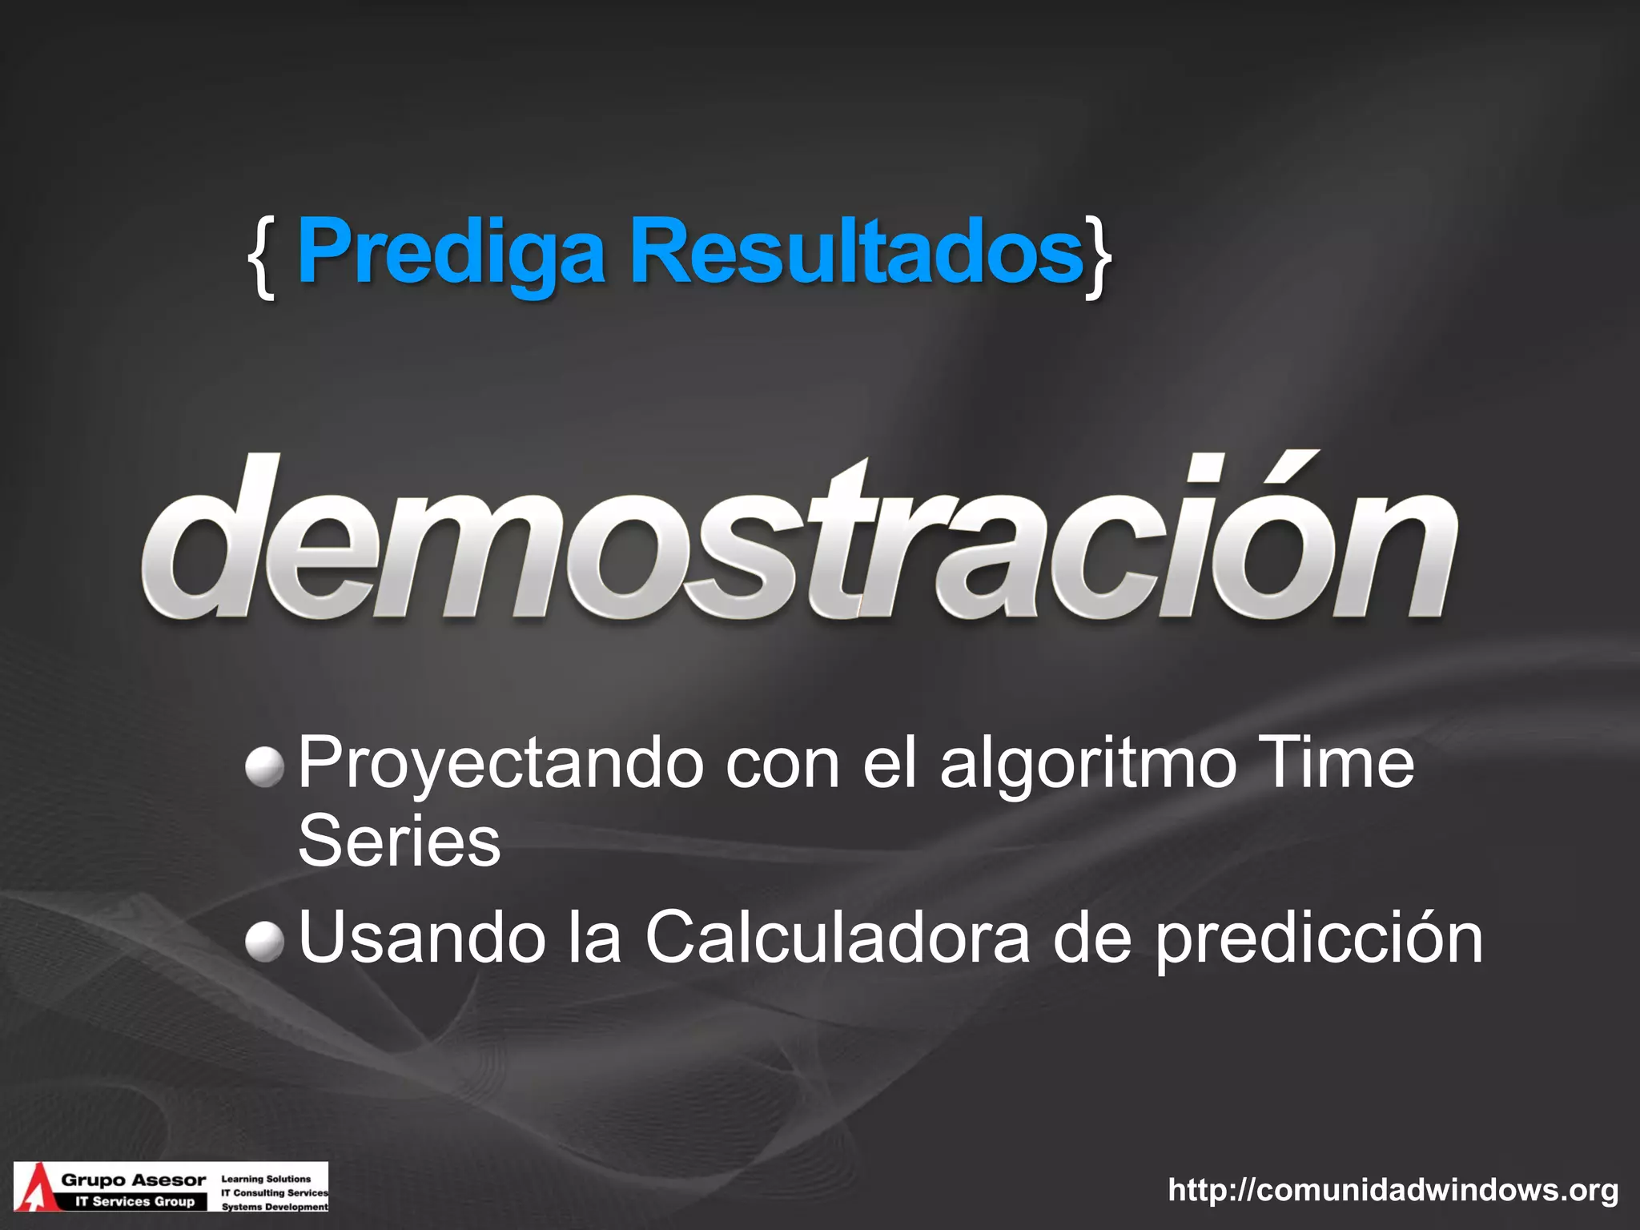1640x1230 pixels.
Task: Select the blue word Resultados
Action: click(x=857, y=252)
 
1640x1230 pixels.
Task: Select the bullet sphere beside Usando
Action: click(x=264, y=940)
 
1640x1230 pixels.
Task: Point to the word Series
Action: click(x=399, y=841)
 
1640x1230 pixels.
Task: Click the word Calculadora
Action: click(x=838, y=939)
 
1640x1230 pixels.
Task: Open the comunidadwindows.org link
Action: click(x=1393, y=1190)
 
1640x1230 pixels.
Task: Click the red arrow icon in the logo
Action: click(x=34, y=1188)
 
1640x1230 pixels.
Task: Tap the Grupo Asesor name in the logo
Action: click(x=134, y=1180)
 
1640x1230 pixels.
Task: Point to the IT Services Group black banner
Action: click(x=135, y=1201)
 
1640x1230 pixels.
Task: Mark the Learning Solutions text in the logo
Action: click(x=266, y=1179)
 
